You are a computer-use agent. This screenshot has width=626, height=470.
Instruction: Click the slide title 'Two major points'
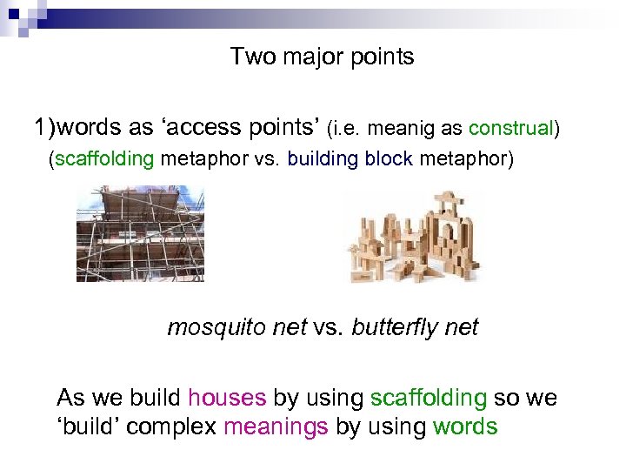pyautogui.click(x=322, y=57)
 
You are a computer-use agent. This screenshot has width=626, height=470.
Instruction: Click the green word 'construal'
pyautogui.click(x=510, y=129)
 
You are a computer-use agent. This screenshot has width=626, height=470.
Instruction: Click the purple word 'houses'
pyautogui.click(x=227, y=399)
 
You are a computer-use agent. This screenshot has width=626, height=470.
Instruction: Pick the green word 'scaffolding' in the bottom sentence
pyautogui.click(x=429, y=399)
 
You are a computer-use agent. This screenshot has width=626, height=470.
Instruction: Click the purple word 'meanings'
pyautogui.click(x=276, y=426)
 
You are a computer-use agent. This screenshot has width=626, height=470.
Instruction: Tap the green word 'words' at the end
pyautogui.click(x=465, y=426)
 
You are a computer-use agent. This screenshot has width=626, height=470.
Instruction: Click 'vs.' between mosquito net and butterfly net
pyautogui.click(x=330, y=327)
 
